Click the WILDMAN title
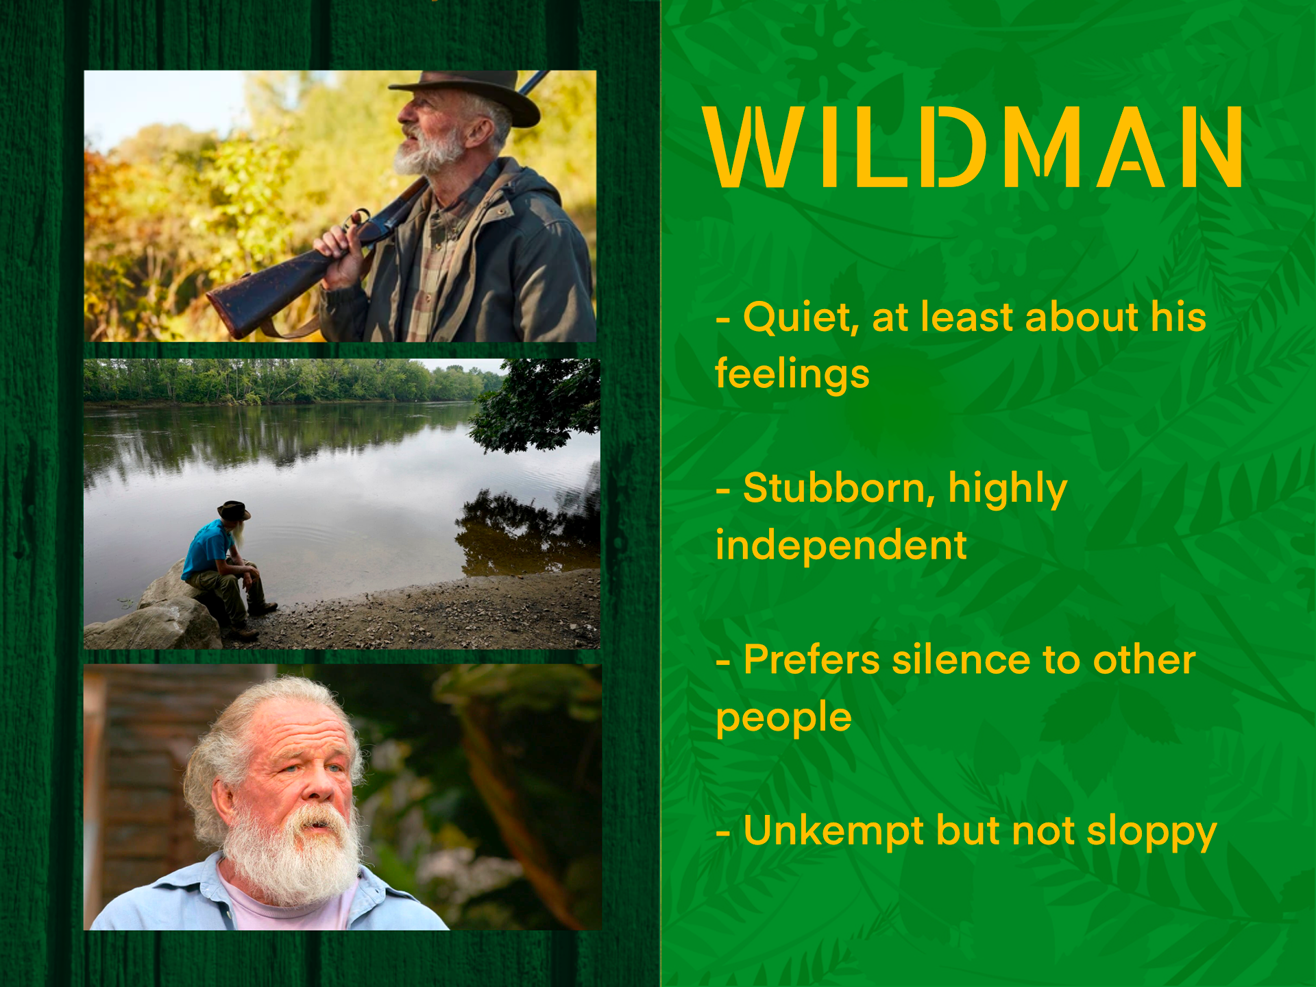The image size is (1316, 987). (x=973, y=147)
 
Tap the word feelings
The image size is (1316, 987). (x=792, y=374)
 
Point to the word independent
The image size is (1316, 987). (x=841, y=546)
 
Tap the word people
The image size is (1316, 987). (x=783, y=718)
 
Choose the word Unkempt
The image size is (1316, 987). (x=833, y=831)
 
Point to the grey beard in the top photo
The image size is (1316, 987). (x=428, y=152)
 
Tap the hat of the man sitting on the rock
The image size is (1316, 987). (x=234, y=511)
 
